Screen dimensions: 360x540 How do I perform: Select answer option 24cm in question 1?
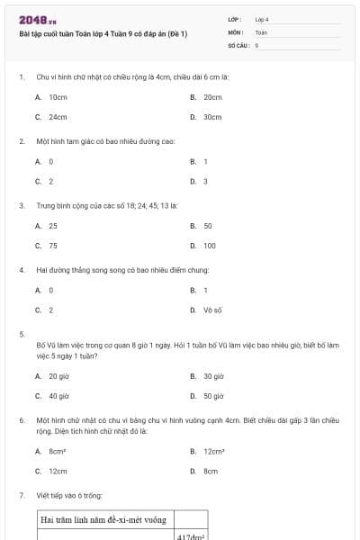(x=58, y=117)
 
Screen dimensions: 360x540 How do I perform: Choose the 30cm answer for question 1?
(x=212, y=117)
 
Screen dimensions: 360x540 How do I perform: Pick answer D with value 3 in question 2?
(x=205, y=181)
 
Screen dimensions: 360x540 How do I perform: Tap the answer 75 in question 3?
(x=53, y=246)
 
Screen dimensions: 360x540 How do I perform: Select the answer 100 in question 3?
(x=210, y=246)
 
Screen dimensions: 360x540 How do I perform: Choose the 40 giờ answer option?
(x=58, y=395)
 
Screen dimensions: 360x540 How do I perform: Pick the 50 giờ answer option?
(x=213, y=395)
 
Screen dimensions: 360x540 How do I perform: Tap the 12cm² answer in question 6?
(x=213, y=452)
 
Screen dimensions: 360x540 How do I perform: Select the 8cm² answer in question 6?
(x=58, y=452)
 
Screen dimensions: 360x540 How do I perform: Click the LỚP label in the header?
(x=235, y=19)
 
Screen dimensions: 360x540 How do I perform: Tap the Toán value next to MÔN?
(x=261, y=31)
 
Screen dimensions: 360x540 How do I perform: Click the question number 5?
(x=21, y=334)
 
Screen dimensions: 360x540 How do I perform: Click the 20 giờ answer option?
(x=58, y=376)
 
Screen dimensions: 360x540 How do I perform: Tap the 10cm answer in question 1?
(x=58, y=96)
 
